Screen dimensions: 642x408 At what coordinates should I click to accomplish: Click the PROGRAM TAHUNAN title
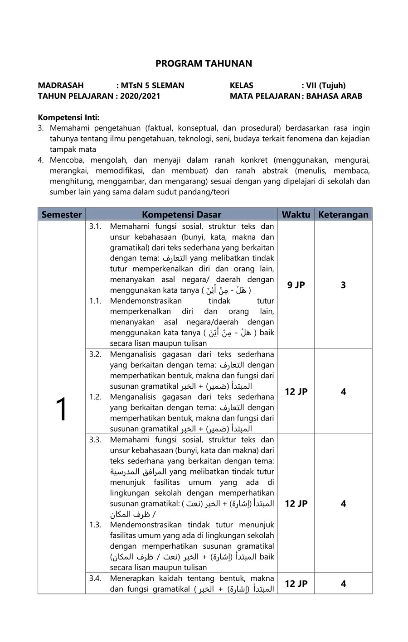pos(204,63)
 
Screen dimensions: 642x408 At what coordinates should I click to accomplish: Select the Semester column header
pos(62,214)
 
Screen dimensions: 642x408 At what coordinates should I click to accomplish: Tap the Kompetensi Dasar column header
pos(181,214)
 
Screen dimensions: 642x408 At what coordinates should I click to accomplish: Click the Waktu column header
pos(296,214)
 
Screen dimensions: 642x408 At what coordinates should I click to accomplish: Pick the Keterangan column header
pos(343,214)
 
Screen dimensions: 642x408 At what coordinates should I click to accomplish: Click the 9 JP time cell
pos(296,285)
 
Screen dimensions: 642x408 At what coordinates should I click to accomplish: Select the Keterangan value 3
pos(343,285)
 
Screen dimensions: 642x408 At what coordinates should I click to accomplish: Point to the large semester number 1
pos(61,410)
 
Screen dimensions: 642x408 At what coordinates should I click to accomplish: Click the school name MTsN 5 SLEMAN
pos(152,85)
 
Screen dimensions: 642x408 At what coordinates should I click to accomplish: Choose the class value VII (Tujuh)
pos(325,85)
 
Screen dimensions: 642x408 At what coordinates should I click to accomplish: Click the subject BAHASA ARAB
pos(334,96)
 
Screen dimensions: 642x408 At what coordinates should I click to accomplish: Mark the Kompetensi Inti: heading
pos(68,117)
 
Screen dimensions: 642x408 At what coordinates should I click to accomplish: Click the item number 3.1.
pos(95,226)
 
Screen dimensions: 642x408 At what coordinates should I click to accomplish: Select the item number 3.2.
pos(95,354)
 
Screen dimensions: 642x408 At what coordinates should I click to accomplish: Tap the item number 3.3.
pos(95,439)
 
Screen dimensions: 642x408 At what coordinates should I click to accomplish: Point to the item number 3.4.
pos(95,578)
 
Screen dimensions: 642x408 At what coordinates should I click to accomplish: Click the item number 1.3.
pos(95,525)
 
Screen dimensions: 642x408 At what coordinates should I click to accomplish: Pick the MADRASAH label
pos(61,85)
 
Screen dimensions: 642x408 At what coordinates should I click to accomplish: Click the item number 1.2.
pos(95,397)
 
